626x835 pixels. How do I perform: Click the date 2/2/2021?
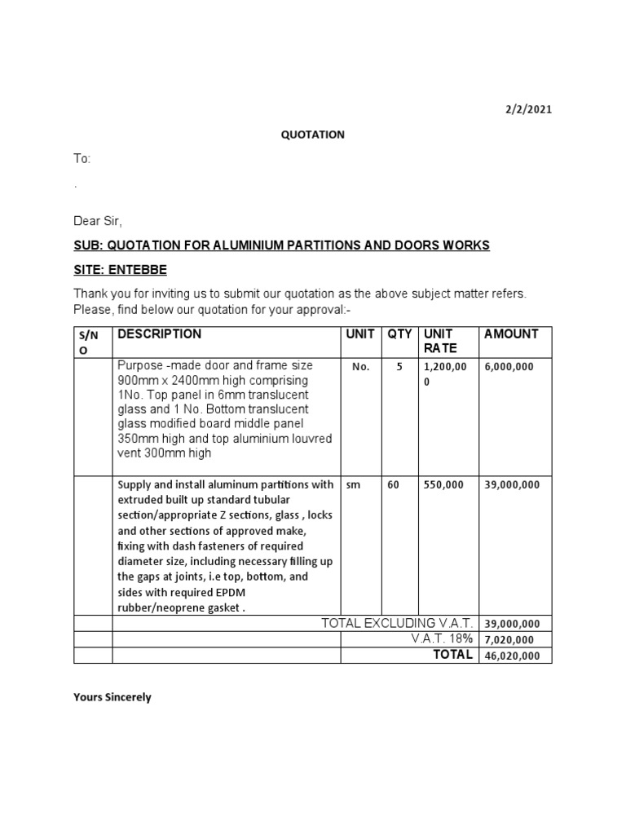click(x=529, y=110)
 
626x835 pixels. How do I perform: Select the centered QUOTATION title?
click(x=313, y=135)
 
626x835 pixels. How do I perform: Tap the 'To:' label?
click(x=82, y=159)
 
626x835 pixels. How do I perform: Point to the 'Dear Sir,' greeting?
click(x=98, y=221)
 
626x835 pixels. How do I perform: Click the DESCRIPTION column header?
click(x=160, y=334)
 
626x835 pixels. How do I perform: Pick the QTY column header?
click(x=399, y=334)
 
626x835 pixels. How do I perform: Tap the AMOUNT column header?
click(x=511, y=334)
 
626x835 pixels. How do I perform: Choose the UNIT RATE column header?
click(x=439, y=341)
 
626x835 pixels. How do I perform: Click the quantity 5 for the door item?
click(x=399, y=367)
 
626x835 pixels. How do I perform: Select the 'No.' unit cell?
click(x=360, y=367)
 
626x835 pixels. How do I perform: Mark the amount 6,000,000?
click(x=509, y=367)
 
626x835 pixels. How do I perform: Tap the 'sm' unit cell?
click(x=353, y=484)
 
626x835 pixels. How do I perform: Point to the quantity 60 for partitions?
click(x=394, y=484)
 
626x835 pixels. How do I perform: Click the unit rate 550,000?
click(x=443, y=484)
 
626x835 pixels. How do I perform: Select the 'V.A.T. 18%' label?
click(x=443, y=639)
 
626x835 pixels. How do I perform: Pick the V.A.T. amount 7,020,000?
click(x=509, y=640)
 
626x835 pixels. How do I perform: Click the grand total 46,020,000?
click(x=512, y=656)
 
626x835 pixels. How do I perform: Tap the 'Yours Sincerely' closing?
click(x=112, y=698)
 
